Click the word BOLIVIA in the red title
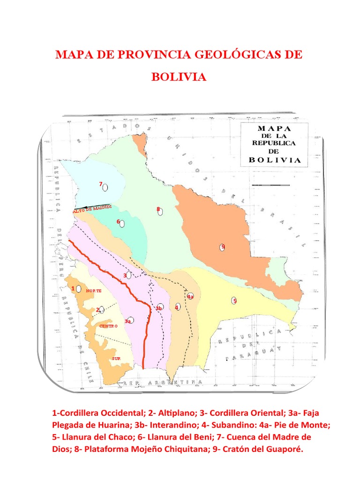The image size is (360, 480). [x=179, y=76]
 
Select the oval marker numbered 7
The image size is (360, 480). [x=105, y=187]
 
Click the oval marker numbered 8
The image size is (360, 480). [x=160, y=212]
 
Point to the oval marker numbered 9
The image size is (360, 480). [x=222, y=247]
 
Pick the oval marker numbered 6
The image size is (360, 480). [x=122, y=224]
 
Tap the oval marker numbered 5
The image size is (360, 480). [x=233, y=301]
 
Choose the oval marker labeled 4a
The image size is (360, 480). [x=191, y=296]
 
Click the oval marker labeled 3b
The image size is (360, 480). [x=161, y=307]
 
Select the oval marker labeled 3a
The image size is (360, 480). [x=131, y=320]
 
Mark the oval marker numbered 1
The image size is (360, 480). [x=79, y=289]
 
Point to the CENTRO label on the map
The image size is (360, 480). [x=108, y=325]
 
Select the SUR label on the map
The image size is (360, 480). [x=116, y=359]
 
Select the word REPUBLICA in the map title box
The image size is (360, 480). [x=274, y=143]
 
